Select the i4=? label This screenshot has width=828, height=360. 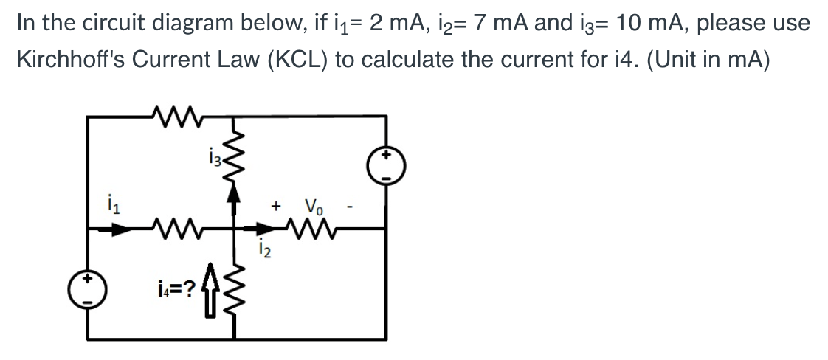click(176, 288)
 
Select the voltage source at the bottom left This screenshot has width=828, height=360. click(88, 290)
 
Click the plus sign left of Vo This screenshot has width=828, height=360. click(276, 207)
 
